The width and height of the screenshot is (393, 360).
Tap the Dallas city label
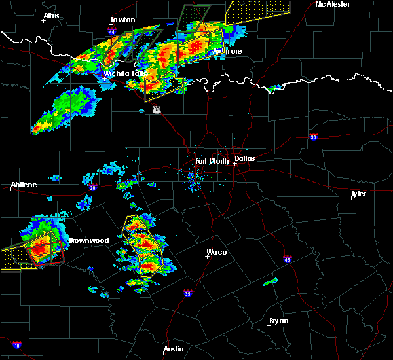[245, 158]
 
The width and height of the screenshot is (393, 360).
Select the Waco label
[216, 252]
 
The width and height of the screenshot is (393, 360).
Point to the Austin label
[173, 349]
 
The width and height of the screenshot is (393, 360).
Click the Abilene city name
[24, 185]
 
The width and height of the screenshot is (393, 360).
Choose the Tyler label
[358, 194]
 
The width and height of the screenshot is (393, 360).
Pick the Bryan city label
[278, 321]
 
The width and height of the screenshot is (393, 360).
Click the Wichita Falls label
[126, 73]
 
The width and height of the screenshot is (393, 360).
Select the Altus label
[51, 16]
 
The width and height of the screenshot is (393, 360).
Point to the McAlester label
[332, 4]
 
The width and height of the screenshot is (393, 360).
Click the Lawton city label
[122, 20]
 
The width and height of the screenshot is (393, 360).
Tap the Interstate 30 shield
[314, 137]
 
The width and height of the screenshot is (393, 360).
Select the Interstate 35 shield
[187, 293]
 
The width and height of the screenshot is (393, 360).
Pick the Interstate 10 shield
[16, 344]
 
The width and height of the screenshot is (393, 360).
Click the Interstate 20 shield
[92, 188]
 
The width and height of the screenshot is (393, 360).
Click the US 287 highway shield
[156, 109]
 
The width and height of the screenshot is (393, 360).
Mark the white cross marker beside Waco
[207, 255]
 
